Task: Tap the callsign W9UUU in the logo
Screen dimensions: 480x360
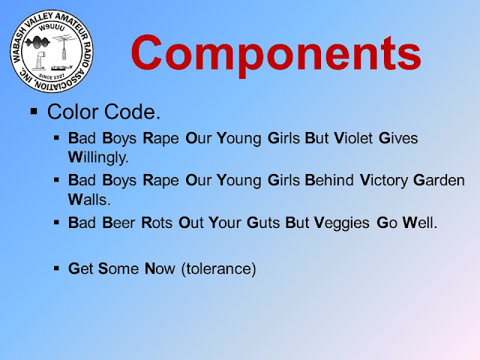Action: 52,28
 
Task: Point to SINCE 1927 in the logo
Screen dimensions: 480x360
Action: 52,76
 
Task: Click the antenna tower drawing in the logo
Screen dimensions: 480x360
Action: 64,47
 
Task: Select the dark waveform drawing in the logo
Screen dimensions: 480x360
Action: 37,42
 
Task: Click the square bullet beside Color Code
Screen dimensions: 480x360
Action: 34,110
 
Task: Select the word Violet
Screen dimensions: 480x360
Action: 353,138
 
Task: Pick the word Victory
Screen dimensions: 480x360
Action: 384,180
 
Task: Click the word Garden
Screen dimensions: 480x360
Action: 439,180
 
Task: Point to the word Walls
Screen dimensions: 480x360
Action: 89,199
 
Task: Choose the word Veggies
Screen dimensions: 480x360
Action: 342,223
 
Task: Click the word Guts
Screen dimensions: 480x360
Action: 263,223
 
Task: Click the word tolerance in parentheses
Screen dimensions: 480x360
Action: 218,268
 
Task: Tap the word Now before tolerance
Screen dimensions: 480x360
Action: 160,268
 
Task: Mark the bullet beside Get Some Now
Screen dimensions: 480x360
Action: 56,268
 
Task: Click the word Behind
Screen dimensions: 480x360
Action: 329,180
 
